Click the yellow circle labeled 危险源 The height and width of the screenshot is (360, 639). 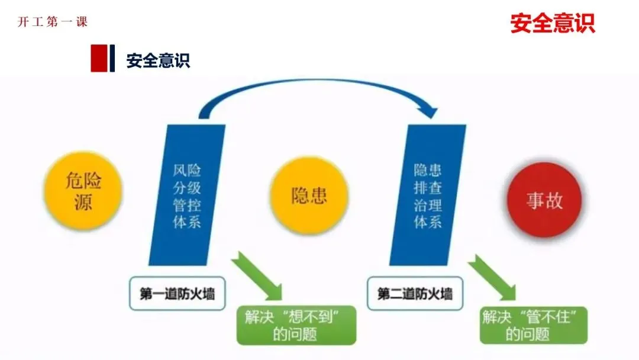pos(83,190)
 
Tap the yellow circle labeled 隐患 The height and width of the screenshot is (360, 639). pos(309,196)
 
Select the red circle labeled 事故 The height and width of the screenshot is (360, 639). pos(544,200)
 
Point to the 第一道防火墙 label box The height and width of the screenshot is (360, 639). pos(177,293)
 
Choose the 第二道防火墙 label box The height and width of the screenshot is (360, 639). pos(414,293)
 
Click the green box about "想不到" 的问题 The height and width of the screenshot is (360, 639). pos(296,325)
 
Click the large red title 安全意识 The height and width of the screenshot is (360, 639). pos(553,23)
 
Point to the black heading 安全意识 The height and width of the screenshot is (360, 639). pos(158,60)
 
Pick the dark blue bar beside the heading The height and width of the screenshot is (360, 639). pos(112,58)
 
